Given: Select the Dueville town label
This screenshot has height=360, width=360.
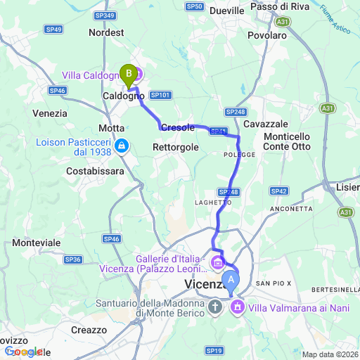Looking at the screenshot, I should (226, 11).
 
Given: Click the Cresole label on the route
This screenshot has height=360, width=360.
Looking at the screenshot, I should (178, 128).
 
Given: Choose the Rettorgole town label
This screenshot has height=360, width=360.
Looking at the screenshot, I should (176, 147).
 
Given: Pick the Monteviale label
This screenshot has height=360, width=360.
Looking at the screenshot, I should (37, 243).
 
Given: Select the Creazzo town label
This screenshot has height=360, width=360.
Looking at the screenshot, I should (89, 330).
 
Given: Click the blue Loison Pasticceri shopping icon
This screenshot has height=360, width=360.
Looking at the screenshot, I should (122, 146).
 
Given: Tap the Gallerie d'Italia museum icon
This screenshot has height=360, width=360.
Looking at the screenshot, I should (218, 264).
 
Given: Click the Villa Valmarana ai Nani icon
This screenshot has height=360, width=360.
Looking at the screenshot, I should (238, 307).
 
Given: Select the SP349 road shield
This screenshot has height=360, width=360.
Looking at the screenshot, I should (103, 15).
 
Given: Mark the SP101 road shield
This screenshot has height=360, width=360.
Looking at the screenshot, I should (161, 95).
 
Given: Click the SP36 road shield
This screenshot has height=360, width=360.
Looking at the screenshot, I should (73, 259).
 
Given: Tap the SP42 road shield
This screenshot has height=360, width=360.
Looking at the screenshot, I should (279, 191).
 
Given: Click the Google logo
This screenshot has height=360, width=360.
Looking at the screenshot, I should (22, 352).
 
